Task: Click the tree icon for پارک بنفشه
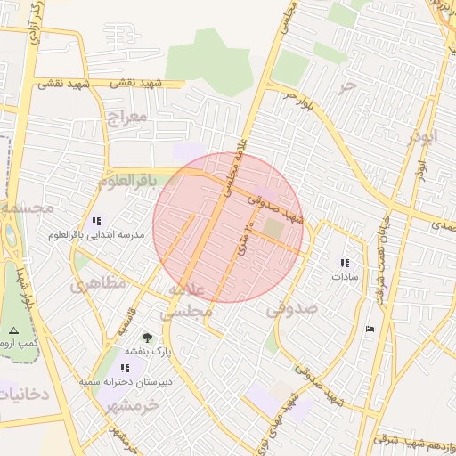(x=146, y=338)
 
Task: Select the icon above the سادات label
(x=345, y=263)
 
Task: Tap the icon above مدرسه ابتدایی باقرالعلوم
(x=95, y=221)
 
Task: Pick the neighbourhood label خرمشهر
(x=132, y=403)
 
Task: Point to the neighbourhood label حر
(x=347, y=86)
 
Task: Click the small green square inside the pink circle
(x=273, y=229)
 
